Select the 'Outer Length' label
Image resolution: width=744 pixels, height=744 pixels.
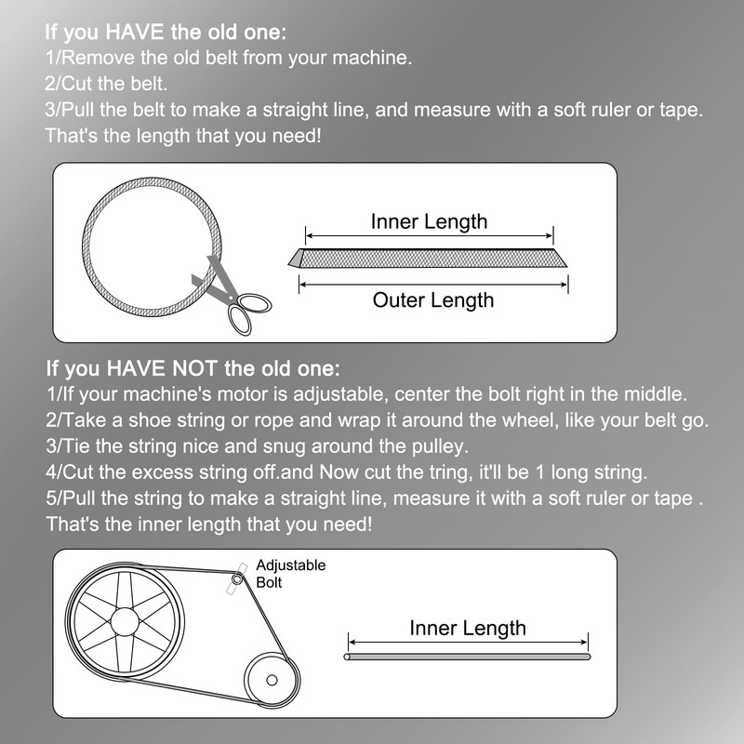pyautogui.click(x=432, y=300)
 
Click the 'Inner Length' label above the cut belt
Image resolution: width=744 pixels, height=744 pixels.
pyautogui.click(x=429, y=221)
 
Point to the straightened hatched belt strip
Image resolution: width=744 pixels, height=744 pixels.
pyautogui.click(x=429, y=258)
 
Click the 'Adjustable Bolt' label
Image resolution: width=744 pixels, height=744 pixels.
pyautogui.click(x=290, y=574)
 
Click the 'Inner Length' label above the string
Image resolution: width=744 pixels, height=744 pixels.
pyautogui.click(x=468, y=628)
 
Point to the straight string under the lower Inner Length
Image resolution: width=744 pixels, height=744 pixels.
pyautogui.click(x=468, y=658)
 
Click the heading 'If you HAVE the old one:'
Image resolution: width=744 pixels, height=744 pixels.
pyautogui.click(x=166, y=32)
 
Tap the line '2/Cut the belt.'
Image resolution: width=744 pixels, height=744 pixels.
pyautogui.click(x=107, y=84)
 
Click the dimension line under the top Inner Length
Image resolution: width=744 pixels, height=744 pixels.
pyautogui.click(x=429, y=236)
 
